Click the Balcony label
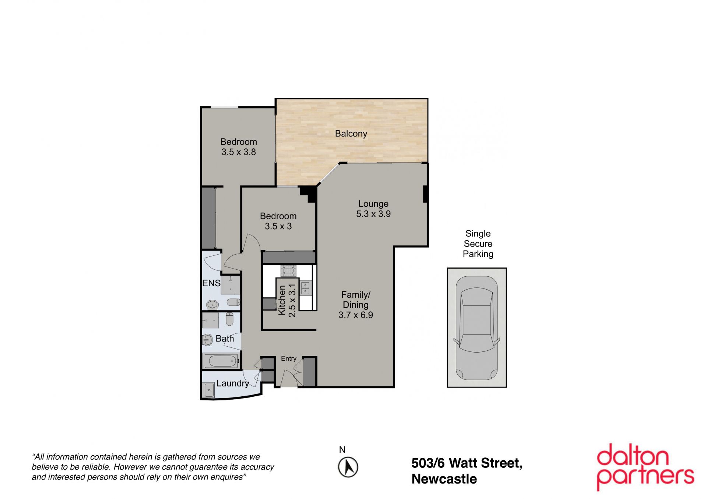tap(351, 134)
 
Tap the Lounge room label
tap(373, 204)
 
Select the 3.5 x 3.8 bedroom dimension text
tap(239, 152)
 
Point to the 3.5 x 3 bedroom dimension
tap(278, 226)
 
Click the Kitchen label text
tap(282, 300)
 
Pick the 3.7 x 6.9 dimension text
tap(356, 315)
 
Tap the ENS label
tap(211, 283)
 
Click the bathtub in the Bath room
tap(221, 361)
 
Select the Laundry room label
tap(233, 383)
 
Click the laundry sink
tap(209, 390)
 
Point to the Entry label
tap(289, 358)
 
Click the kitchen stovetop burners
tap(288, 271)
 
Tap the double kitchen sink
tap(305, 288)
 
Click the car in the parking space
tap(476, 328)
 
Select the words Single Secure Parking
tap(478, 244)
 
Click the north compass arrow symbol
tap(348, 467)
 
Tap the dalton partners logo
tap(645, 467)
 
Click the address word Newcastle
tap(444, 479)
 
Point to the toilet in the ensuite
tap(233, 302)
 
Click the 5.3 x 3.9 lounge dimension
tap(373, 214)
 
